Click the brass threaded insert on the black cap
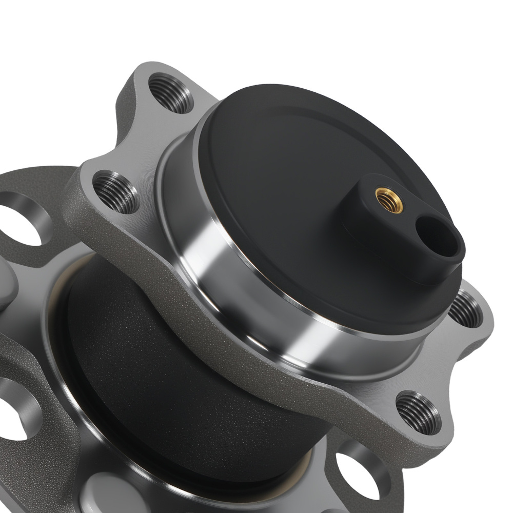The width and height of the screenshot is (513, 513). pos(389,200)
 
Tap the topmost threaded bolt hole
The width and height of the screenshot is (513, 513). pos(170,93)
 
